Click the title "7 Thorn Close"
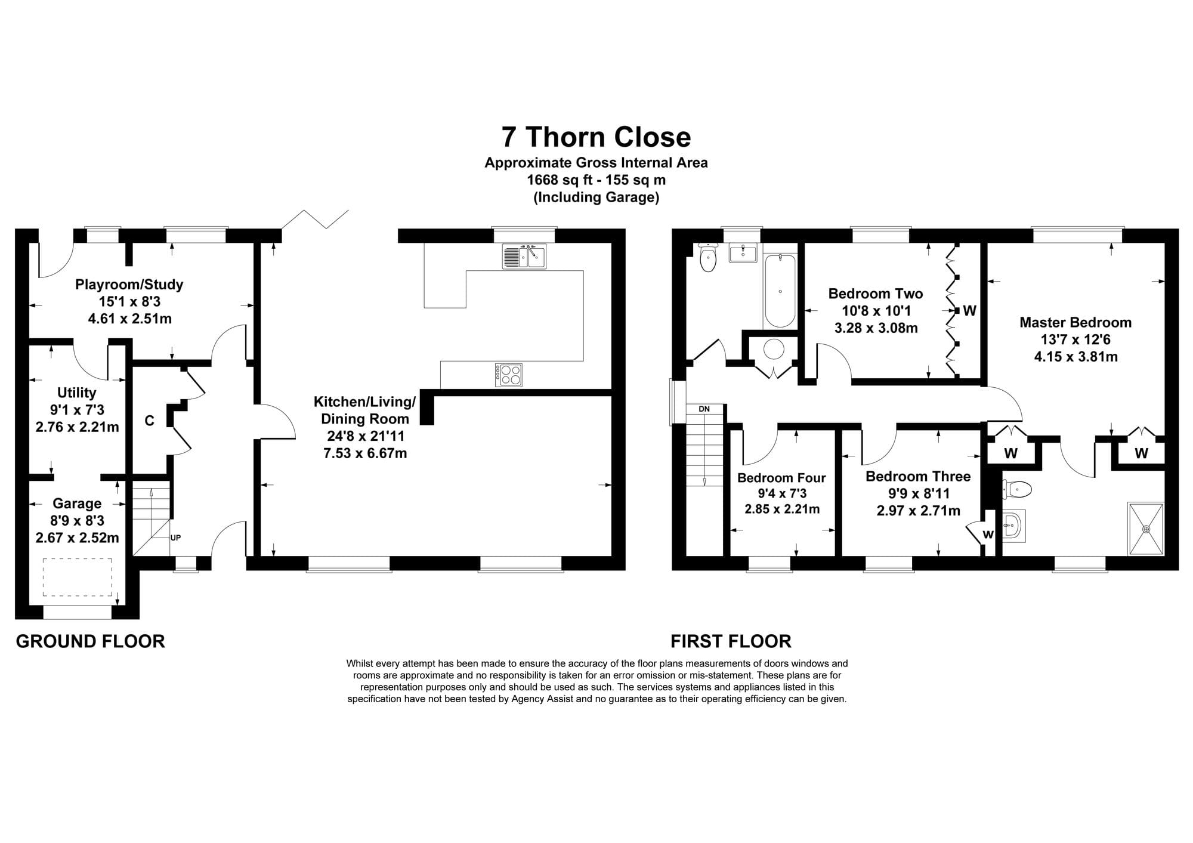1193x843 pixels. tap(596, 137)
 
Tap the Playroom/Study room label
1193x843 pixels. tap(129, 284)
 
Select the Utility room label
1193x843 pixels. tap(76, 393)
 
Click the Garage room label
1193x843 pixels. tap(77, 504)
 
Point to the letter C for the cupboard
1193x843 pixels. tap(150, 421)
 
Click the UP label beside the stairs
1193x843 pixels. tap(175, 538)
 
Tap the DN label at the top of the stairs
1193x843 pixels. tap(704, 409)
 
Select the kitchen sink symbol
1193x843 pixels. tap(524, 256)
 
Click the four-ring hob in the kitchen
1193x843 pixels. tap(508, 374)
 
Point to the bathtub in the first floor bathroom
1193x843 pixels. tap(780, 291)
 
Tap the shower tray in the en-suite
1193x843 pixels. tap(1145, 529)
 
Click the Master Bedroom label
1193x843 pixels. tap(1075, 322)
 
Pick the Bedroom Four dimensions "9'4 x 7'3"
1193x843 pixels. tap(782, 493)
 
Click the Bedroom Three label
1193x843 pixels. tap(918, 476)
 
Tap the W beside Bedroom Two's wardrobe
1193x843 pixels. tap(969, 310)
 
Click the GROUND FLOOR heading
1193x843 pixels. tap(90, 641)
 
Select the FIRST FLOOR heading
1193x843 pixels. tap(731, 641)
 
